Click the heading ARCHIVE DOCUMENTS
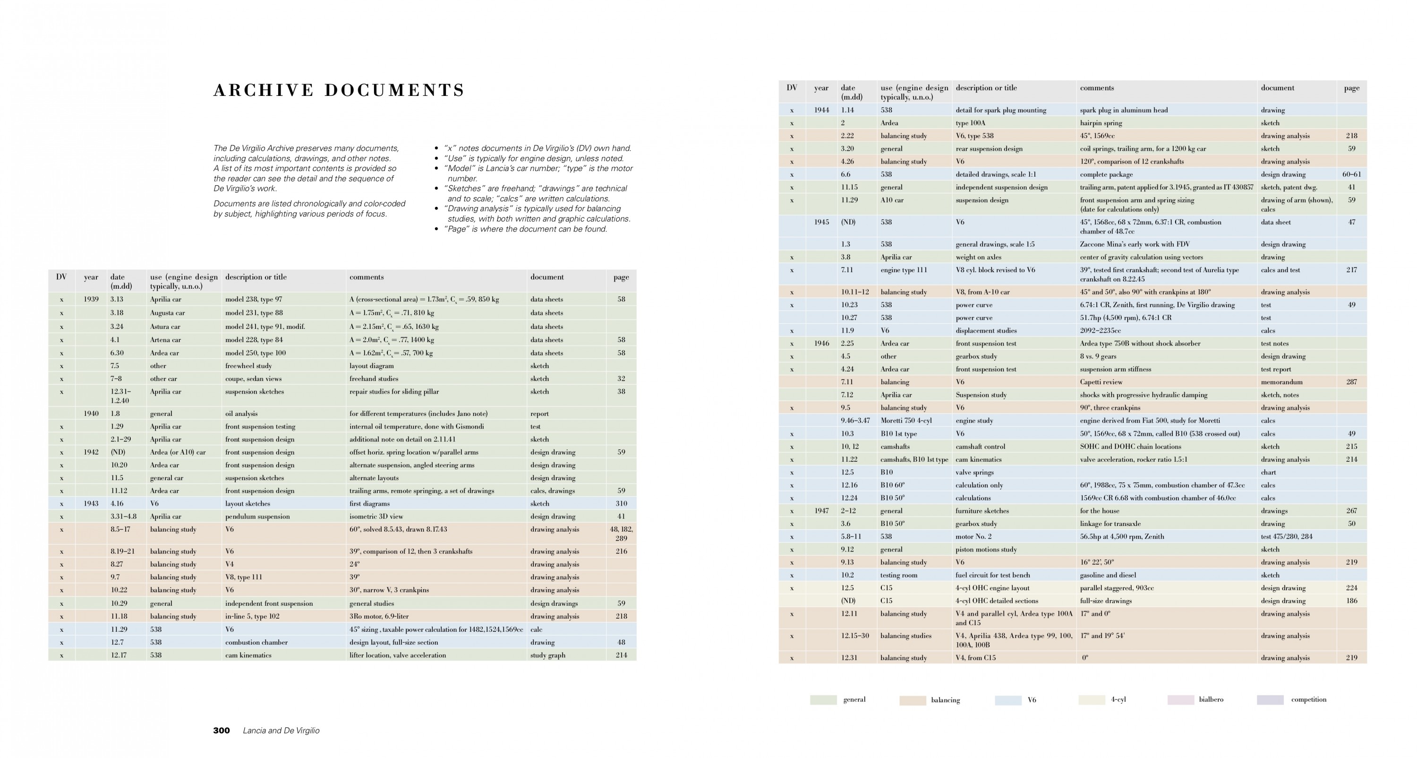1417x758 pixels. [x=339, y=90]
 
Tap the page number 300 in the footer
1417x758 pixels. [x=221, y=731]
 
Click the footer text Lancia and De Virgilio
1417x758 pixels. [x=281, y=731]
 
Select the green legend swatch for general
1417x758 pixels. [x=823, y=700]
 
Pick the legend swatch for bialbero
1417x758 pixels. [x=1180, y=700]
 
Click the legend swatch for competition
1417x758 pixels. [x=1270, y=700]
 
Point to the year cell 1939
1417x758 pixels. [x=91, y=300]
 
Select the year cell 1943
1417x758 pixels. [x=91, y=504]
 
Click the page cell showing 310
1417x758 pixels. [x=621, y=504]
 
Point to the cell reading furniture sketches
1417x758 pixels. [x=982, y=511]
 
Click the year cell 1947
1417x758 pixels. [x=821, y=511]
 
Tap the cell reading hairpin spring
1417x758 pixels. [x=1101, y=123]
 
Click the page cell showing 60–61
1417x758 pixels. [x=1351, y=174]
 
